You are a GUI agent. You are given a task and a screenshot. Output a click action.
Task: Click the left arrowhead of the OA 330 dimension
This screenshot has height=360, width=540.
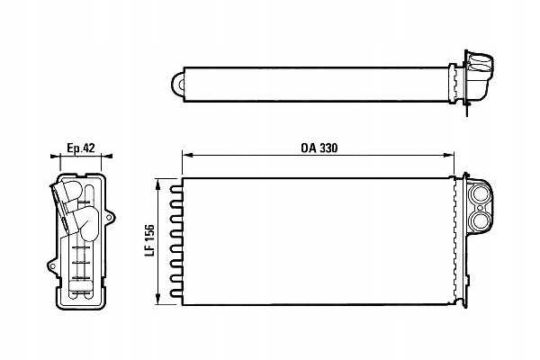click(186, 155)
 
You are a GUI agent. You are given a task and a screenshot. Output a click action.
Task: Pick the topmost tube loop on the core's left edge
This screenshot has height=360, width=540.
click(177, 188)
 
